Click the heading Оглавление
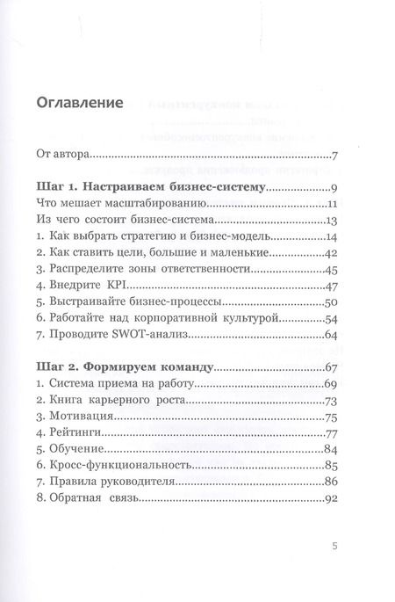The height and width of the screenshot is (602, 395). point(79,102)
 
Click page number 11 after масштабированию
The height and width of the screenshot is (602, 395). point(320,205)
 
